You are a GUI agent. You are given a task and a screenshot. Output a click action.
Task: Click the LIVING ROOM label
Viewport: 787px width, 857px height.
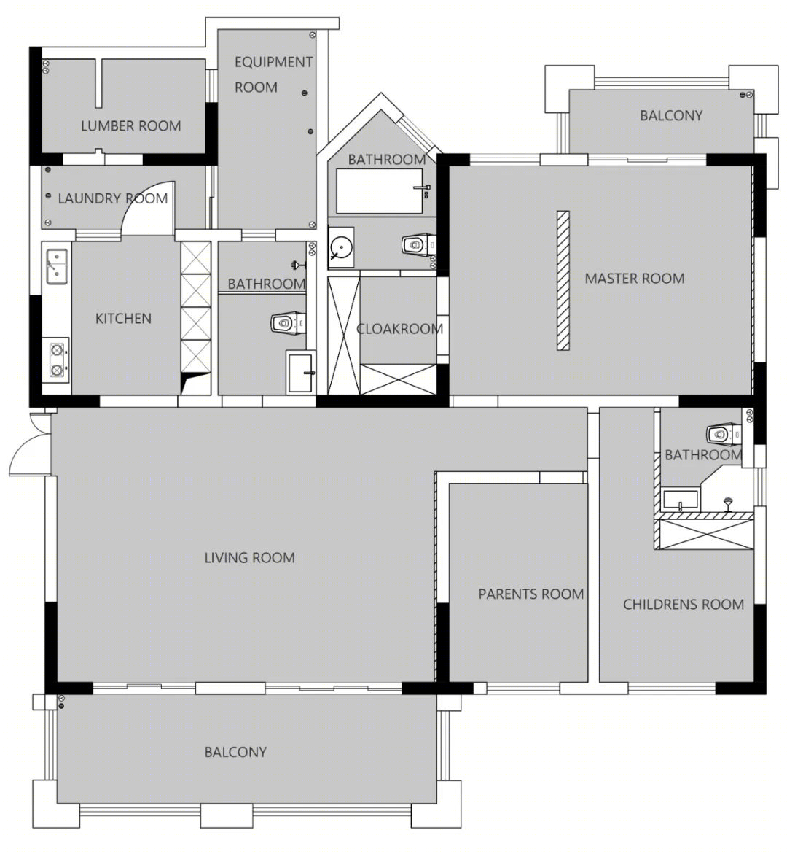tap(250, 558)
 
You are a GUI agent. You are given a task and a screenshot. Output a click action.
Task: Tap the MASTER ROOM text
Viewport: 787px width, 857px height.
tap(635, 279)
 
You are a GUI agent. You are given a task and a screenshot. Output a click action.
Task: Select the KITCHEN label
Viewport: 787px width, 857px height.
tap(123, 319)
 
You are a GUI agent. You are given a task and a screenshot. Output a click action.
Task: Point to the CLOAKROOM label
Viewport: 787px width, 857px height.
tap(400, 329)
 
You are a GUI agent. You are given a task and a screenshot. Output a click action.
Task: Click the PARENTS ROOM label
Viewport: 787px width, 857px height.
tap(531, 594)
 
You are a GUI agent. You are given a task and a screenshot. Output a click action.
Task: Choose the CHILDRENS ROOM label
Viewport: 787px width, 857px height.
tap(684, 605)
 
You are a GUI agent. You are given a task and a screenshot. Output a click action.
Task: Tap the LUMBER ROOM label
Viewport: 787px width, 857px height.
tap(131, 126)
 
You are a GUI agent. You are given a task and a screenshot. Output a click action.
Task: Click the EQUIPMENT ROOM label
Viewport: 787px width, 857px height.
tap(273, 75)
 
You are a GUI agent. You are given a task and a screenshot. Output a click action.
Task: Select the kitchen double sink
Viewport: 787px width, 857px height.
tap(57, 266)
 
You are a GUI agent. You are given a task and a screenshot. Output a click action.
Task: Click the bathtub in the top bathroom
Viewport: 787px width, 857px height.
tap(380, 191)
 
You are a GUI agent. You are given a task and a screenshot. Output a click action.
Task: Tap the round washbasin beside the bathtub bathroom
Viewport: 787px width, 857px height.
tap(341, 248)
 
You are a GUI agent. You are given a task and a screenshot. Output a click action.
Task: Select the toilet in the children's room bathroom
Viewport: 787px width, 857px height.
tap(724, 435)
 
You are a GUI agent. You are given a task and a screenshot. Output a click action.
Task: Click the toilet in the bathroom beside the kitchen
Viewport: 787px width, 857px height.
tap(287, 323)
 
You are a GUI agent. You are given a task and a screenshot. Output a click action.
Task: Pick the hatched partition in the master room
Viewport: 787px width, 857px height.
tap(563, 280)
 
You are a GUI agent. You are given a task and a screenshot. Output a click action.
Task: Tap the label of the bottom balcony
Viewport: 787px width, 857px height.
tap(235, 753)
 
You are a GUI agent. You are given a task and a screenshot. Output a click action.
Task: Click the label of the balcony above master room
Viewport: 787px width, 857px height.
tap(671, 116)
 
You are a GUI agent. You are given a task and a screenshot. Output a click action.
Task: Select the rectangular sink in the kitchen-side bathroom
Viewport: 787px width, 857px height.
tap(299, 372)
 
